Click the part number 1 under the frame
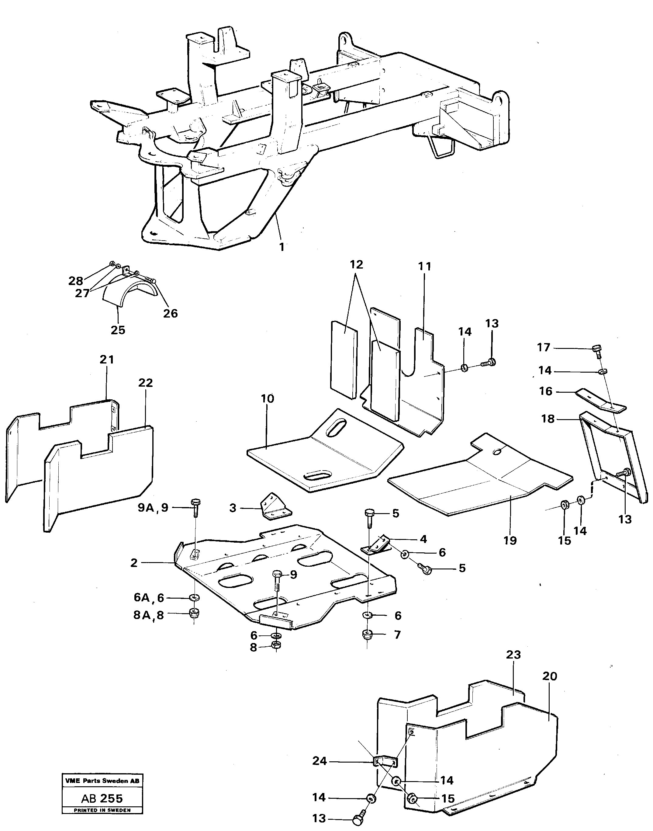coord(282,247)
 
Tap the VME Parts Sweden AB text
coord(102,781)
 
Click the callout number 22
coord(145,383)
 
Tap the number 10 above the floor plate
coord(267,398)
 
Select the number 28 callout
coord(75,281)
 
